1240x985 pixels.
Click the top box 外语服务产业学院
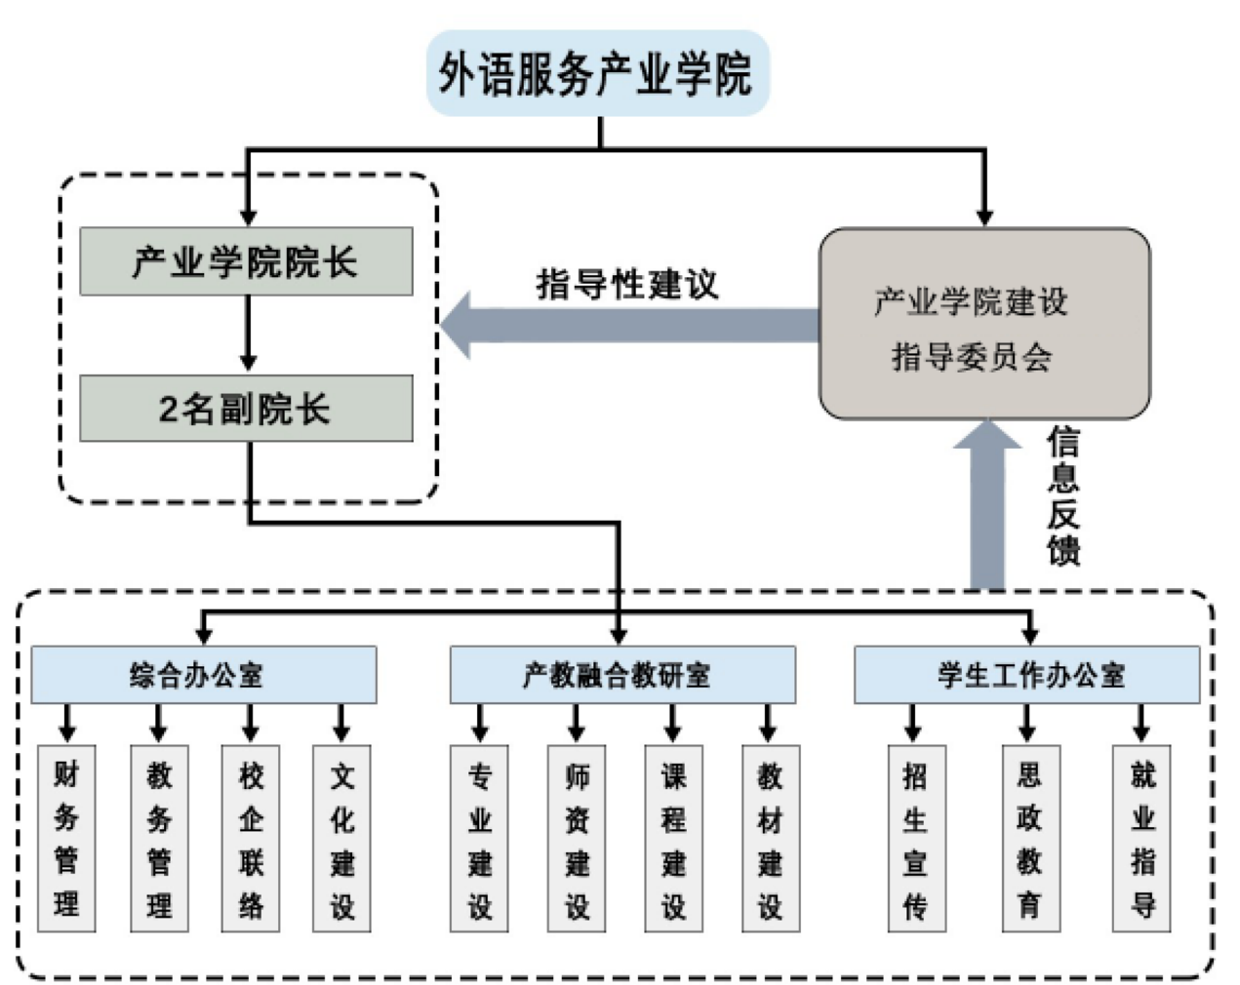(x=597, y=74)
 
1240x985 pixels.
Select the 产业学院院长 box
(x=246, y=261)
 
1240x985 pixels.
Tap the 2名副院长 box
(x=246, y=409)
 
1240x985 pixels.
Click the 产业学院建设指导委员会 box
(x=983, y=325)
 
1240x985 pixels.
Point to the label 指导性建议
(x=626, y=285)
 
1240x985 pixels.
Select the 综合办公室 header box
(x=203, y=675)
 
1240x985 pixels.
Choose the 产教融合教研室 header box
(x=621, y=675)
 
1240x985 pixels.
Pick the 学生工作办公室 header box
(x=1026, y=675)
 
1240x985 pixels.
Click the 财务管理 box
(x=66, y=839)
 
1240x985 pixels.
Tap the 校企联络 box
(x=251, y=839)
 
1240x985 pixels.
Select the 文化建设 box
(x=341, y=839)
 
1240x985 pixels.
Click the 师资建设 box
(x=577, y=839)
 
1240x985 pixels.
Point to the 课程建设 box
(x=673, y=839)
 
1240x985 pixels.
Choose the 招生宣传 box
(x=915, y=839)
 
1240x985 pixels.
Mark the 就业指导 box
(x=1142, y=839)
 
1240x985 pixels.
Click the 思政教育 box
(x=1030, y=839)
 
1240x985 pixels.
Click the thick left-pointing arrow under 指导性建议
(x=629, y=325)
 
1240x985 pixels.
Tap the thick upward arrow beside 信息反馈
(x=987, y=507)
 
